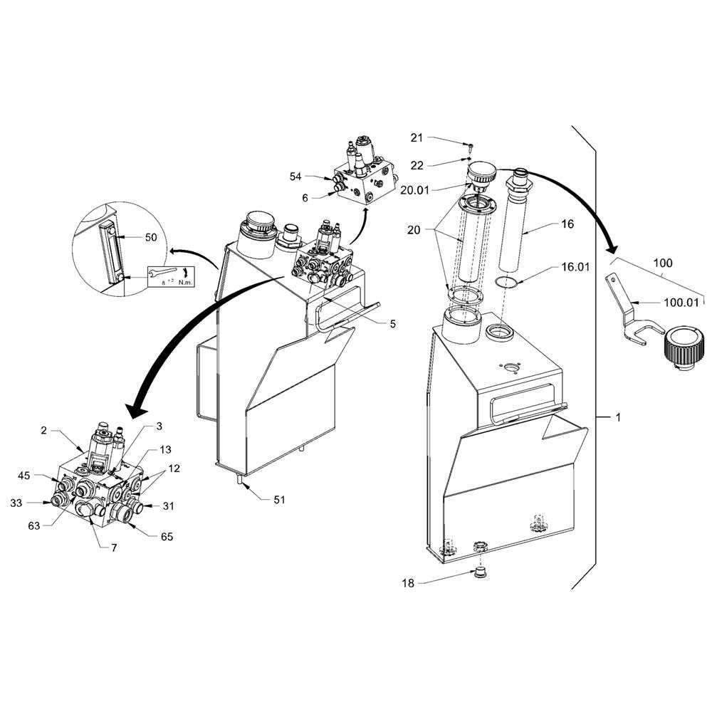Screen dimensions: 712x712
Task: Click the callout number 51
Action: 279,500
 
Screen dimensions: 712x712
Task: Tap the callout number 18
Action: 408,583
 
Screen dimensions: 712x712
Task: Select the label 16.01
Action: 575,267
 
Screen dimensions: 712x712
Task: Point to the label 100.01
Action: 681,303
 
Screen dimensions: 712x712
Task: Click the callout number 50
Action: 151,237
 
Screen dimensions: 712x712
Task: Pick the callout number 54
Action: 295,177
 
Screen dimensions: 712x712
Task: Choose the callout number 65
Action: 167,536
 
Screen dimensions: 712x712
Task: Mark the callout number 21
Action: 417,137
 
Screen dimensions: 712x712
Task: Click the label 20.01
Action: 414,190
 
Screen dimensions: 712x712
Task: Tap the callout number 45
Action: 24,476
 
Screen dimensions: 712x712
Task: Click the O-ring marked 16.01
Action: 506,282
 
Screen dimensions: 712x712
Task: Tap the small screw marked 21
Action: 471,146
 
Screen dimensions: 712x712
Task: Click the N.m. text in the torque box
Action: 185,283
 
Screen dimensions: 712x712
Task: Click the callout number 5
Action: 393,324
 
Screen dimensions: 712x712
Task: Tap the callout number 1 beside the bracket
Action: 618,417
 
